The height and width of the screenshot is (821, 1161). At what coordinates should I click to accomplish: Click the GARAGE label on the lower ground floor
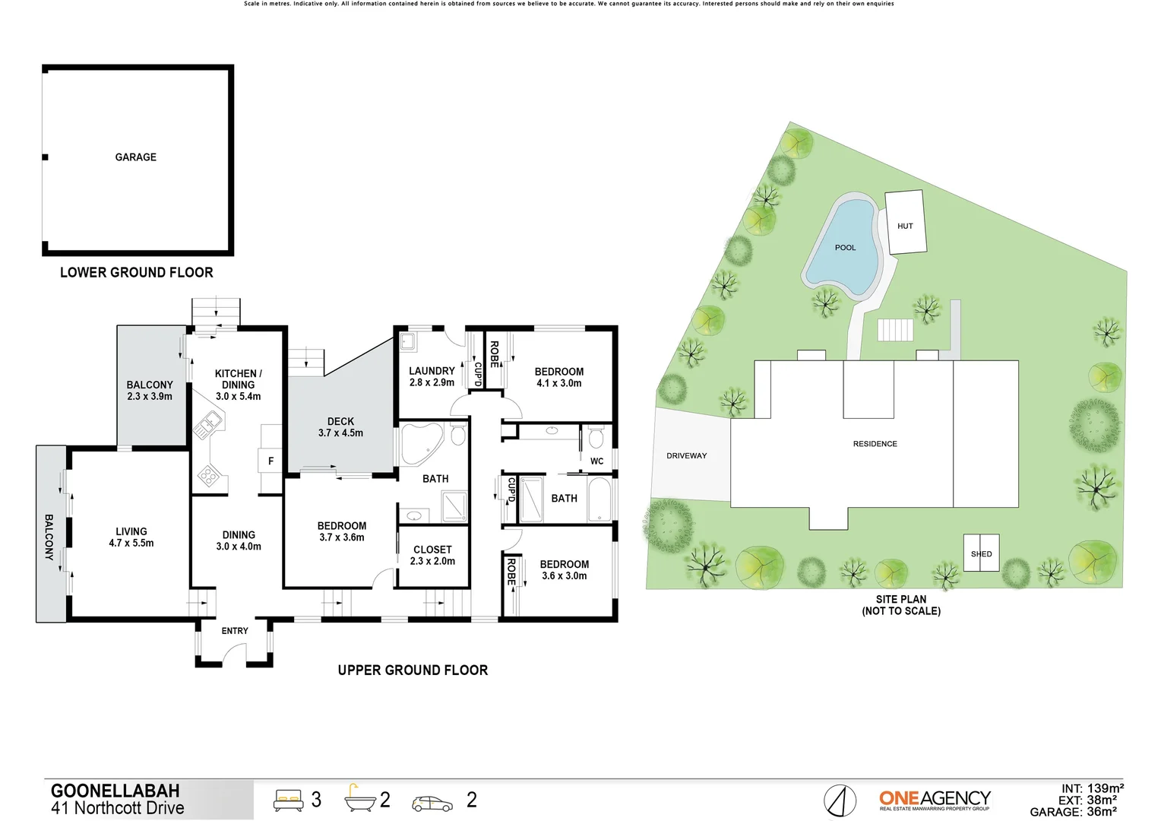135,157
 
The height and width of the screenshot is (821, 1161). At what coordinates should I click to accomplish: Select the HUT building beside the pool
905,222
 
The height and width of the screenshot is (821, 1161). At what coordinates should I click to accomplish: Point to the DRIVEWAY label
686,456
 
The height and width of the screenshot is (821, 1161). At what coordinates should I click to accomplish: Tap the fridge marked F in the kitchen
270,461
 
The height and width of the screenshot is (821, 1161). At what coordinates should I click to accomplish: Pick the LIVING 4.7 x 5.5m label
131,537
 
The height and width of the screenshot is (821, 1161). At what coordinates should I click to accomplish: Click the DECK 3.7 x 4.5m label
340,427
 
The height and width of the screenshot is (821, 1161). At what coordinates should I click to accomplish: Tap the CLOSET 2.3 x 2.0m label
432,555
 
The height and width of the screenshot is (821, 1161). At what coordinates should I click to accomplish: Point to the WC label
596,461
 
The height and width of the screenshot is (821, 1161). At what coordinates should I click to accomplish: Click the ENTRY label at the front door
235,631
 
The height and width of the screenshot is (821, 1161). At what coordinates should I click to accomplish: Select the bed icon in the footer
288,800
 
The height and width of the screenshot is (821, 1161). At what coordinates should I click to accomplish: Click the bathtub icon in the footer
360,800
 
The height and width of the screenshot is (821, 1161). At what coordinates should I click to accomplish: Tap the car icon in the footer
432,803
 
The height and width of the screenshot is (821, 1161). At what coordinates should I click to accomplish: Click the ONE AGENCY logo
935,799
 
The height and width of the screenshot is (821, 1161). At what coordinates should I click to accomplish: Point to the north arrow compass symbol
840,800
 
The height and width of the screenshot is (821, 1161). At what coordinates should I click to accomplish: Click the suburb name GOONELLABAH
115,791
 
